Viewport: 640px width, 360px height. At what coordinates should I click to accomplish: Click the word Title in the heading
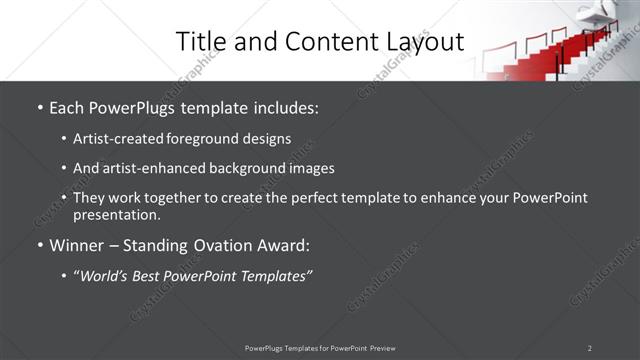tap(200, 41)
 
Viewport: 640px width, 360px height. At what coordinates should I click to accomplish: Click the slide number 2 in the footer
tap(589, 348)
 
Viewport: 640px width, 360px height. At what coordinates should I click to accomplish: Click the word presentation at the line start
tap(116, 214)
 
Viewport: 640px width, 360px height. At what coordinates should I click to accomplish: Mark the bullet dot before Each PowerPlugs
tap(40, 106)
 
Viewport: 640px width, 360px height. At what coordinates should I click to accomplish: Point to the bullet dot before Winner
tap(40, 244)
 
